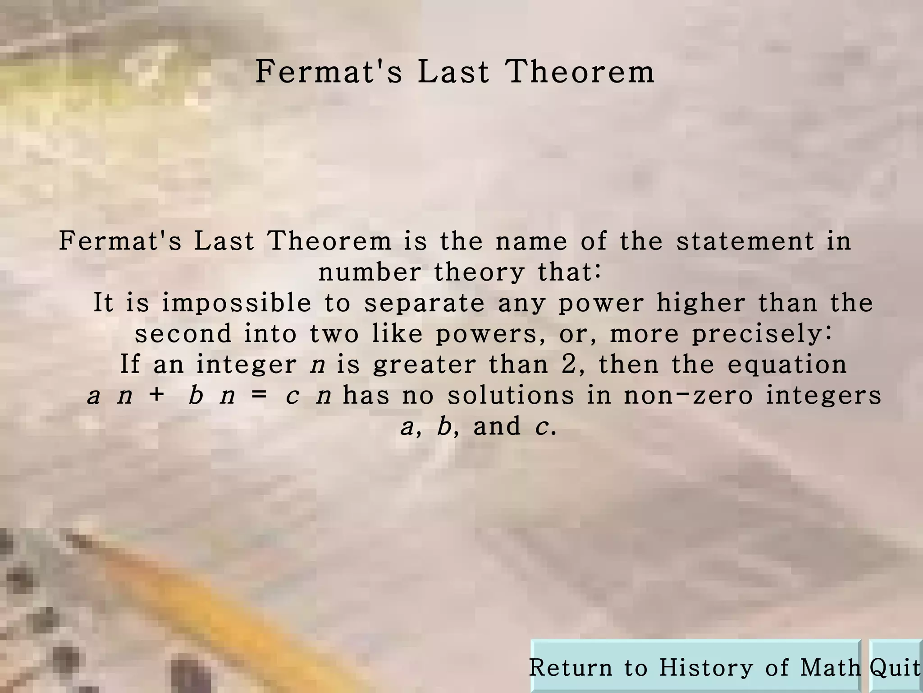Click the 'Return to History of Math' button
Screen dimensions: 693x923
click(695, 667)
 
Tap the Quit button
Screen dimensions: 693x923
click(895, 667)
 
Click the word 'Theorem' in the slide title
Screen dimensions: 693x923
click(580, 72)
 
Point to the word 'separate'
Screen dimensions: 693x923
click(425, 303)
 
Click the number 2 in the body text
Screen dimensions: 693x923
click(569, 364)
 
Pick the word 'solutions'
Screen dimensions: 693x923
click(511, 395)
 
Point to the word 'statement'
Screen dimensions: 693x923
click(745, 241)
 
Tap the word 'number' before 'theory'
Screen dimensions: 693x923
click(370, 272)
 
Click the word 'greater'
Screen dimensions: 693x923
click(424, 365)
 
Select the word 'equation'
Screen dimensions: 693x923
click(787, 365)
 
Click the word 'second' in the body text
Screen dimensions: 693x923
click(183, 334)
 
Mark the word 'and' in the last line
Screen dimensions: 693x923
click(497, 426)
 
